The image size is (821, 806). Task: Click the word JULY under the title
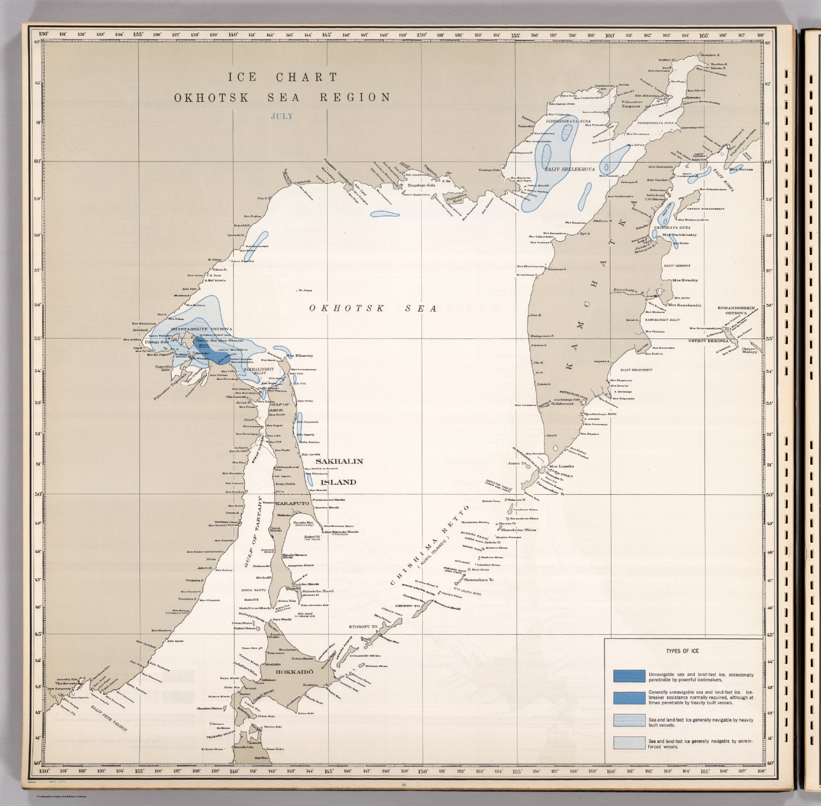click(x=282, y=116)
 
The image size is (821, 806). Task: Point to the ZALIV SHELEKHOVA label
click(x=569, y=169)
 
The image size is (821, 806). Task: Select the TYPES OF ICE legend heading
click(x=682, y=651)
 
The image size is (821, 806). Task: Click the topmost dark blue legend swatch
click(x=629, y=676)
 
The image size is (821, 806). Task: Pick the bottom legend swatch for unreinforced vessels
click(x=629, y=742)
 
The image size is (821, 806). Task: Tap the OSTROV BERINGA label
click(x=708, y=340)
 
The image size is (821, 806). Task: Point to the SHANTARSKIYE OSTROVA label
click(x=202, y=329)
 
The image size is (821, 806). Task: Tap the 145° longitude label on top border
click(x=327, y=35)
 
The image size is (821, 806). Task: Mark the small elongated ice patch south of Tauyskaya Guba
click(x=384, y=214)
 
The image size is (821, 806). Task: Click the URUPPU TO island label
click(x=407, y=606)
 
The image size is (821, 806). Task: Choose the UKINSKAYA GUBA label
click(x=672, y=227)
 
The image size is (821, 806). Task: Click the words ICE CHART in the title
click(x=283, y=77)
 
